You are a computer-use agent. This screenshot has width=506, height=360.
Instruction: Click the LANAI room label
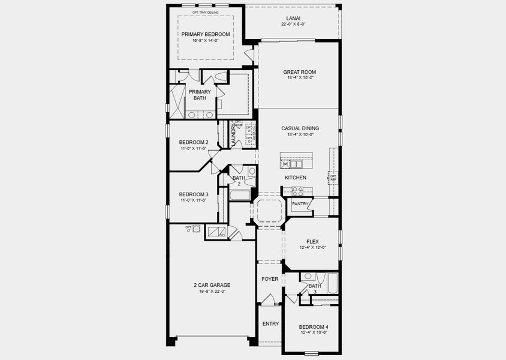[x=293, y=18]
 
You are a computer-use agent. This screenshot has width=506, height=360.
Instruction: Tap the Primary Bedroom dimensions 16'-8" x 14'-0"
[x=206, y=41]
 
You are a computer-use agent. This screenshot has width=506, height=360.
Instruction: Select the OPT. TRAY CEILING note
[x=206, y=13]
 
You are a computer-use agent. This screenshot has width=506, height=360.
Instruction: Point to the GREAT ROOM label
[x=299, y=72]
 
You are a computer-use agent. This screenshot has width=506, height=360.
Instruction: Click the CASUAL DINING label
[x=300, y=128]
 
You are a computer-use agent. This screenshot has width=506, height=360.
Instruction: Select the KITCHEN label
[x=296, y=178]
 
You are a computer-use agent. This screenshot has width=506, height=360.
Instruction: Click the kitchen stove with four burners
[x=297, y=191]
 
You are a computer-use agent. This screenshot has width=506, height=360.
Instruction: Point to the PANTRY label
[x=300, y=204]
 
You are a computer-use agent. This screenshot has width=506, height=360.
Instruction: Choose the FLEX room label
[x=312, y=242]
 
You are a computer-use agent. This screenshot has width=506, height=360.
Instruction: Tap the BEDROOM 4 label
[x=314, y=327]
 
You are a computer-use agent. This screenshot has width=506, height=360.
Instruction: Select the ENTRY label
[x=270, y=324]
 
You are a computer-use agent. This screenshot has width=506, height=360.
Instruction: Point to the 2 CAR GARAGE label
[x=212, y=285]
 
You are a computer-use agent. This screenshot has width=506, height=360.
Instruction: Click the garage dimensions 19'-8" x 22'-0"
[x=212, y=292]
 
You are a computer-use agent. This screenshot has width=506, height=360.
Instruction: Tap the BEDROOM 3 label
[x=194, y=194]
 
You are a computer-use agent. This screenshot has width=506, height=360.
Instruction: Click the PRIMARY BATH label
[x=200, y=95]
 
